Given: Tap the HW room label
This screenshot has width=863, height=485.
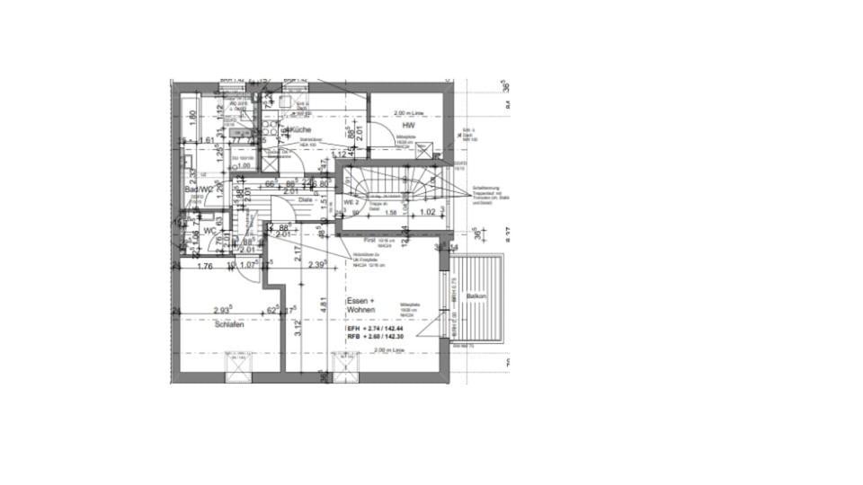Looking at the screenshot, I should pos(407,127).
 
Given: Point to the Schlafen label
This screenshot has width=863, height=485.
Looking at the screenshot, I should pos(229,324).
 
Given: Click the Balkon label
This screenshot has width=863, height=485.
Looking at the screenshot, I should pos(476,296).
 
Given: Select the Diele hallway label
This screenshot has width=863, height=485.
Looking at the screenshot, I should pos(306,200).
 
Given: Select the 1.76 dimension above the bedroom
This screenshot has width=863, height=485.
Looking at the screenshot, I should pos(204,266).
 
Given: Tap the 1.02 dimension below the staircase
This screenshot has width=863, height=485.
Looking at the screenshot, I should pos(429,213).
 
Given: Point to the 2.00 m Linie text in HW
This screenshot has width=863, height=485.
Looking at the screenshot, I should pos(410,114).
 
